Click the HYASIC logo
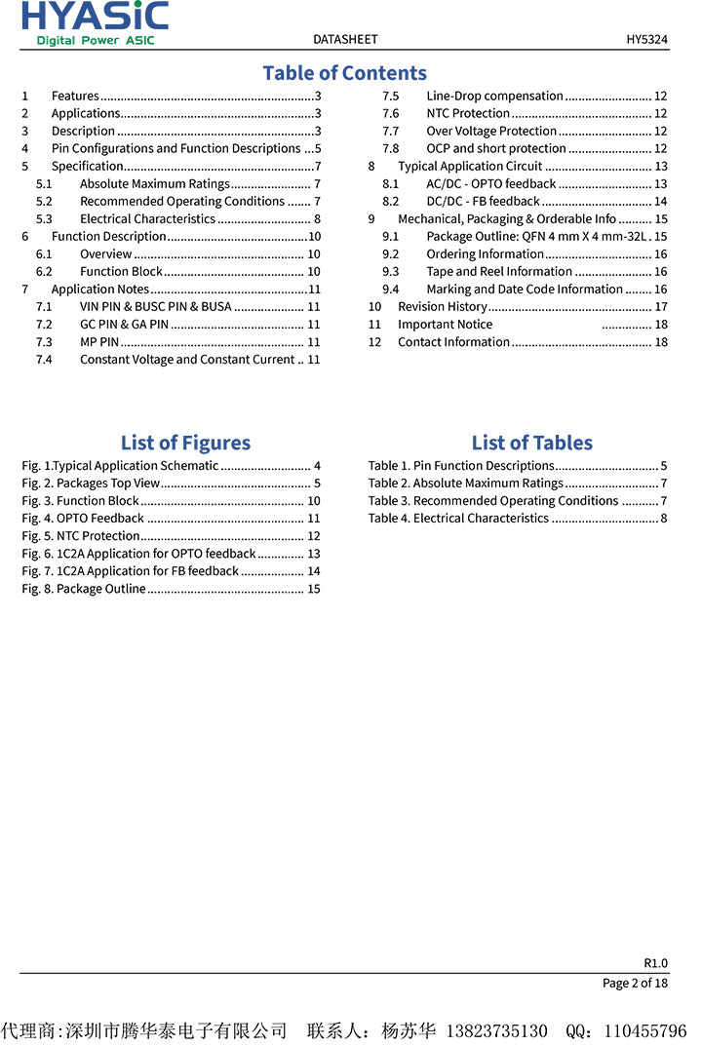[95, 22]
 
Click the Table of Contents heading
[344, 73]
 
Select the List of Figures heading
[185, 443]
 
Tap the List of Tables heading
[531, 443]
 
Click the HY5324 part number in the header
[646, 39]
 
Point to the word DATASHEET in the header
[345, 39]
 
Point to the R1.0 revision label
[655, 963]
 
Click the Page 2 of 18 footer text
[635, 983]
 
